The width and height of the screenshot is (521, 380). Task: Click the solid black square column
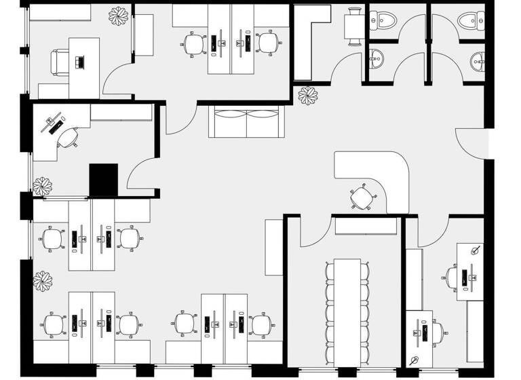104,180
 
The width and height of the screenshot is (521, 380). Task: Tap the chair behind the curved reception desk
364,198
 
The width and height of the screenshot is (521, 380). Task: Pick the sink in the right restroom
478,63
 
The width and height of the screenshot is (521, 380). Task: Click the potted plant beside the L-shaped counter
309,96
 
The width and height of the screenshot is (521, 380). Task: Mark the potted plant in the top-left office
120,16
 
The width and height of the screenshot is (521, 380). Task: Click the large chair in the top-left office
60,62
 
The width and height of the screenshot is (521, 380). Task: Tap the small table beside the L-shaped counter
353,27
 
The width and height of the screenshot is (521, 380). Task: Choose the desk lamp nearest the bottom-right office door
476,250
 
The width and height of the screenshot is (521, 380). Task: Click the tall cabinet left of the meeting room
273,247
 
